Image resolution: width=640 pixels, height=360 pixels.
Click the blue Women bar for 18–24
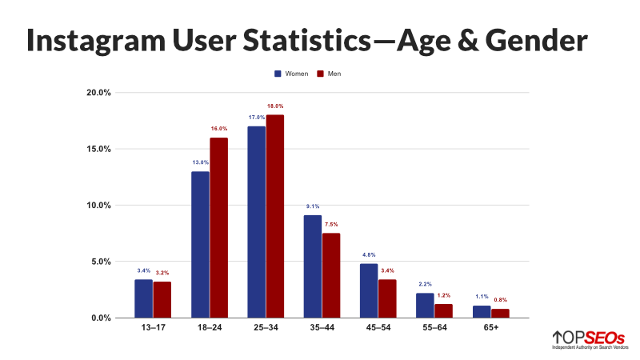tap(200, 244)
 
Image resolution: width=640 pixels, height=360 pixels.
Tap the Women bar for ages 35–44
tap(313, 266)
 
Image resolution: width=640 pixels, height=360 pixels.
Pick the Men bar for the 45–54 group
tap(388, 298)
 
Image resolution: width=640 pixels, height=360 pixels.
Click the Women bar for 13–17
tap(143, 298)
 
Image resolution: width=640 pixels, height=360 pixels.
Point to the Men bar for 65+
tap(501, 314)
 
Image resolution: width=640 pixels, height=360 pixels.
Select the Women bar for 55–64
tap(426, 306)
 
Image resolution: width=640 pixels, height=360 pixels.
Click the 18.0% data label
tap(275, 106)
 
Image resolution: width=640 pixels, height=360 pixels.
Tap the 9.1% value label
tap(313, 206)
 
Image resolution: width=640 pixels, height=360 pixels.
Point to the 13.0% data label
tap(200, 162)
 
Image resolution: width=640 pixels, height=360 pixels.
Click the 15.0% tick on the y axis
tap(99, 149)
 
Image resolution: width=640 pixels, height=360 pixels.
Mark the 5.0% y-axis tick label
tap(101, 262)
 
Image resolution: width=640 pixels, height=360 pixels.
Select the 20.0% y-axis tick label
tap(99, 93)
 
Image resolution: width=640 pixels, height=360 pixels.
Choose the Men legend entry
tap(328, 74)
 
